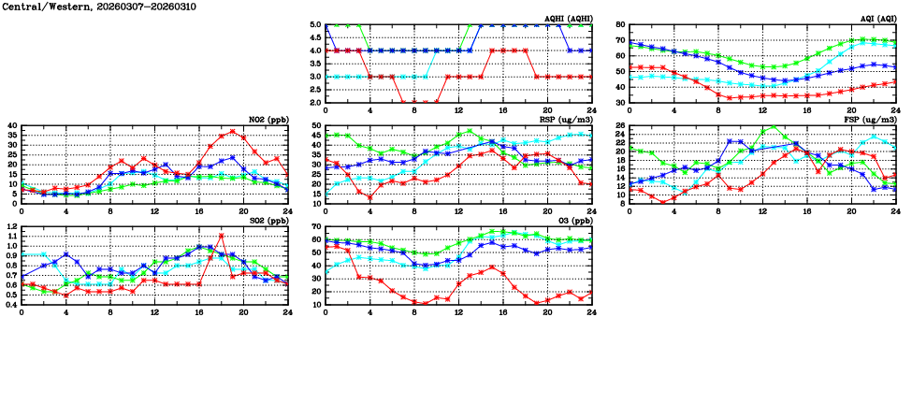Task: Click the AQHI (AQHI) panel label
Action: (x=567, y=18)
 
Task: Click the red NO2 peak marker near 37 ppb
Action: (x=233, y=131)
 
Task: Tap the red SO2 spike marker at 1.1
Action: (x=222, y=236)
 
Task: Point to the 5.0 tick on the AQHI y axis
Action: (x=316, y=25)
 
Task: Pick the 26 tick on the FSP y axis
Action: (x=620, y=126)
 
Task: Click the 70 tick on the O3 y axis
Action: (x=317, y=227)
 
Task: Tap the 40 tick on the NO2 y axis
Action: (x=12, y=126)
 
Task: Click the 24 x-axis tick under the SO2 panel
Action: (x=287, y=311)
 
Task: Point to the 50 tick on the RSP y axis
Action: (x=317, y=126)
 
